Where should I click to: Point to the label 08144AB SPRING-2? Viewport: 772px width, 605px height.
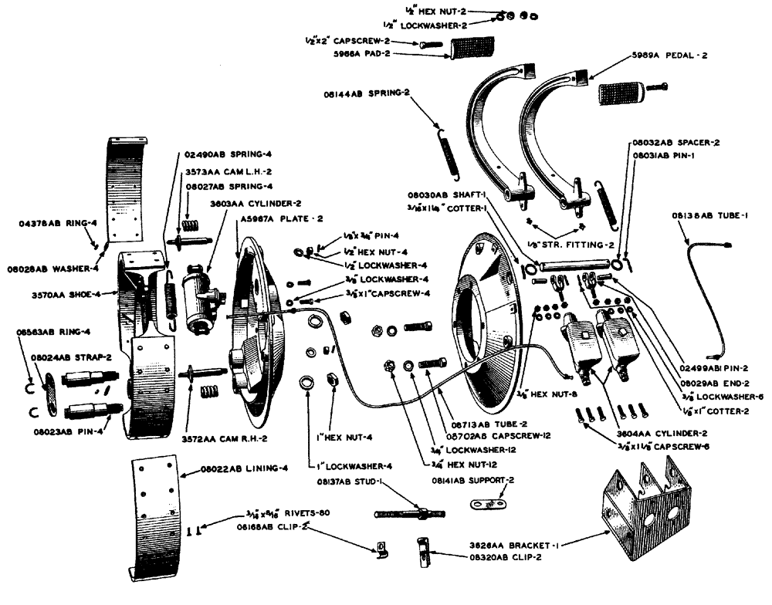[x=367, y=94]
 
